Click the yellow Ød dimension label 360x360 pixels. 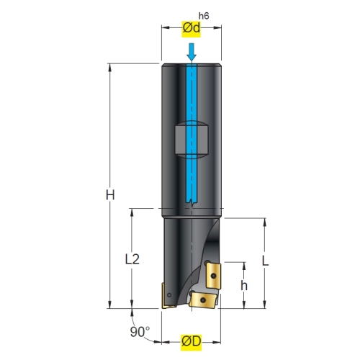pos(191,28)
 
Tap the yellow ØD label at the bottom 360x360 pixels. pos(191,342)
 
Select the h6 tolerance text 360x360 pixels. pos(204,16)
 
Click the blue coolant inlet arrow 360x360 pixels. pos(192,52)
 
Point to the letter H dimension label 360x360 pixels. pos(110,195)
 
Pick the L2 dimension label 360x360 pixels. pos(132,259)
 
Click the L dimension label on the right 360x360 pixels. pos(265,261)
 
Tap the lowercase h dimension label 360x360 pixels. pos(244,286)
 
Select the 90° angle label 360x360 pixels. pos(140,332)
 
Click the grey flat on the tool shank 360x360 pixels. pos(192,140)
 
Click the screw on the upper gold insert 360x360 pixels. pos(213,276)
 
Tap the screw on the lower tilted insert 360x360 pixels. pos(203,300)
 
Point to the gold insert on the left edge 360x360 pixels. pos(166,296)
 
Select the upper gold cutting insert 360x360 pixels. pos(214,276)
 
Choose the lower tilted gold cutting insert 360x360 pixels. pos(204,300)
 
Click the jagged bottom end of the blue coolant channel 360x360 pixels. pos(192,203)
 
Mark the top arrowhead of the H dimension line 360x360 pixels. pos(110,68)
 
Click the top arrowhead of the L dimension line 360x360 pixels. pos(265,222)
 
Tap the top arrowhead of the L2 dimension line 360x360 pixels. pos(132,212)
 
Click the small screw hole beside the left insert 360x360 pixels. pos(169,295)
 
